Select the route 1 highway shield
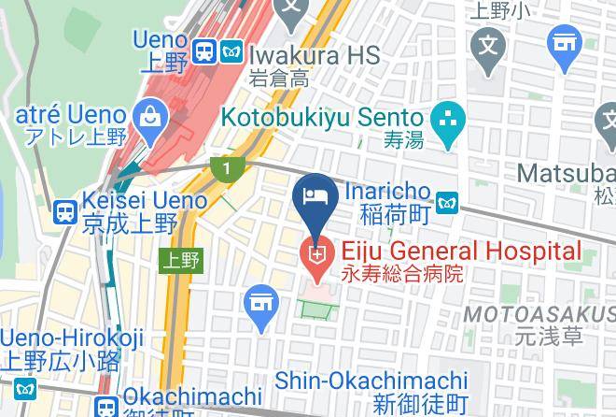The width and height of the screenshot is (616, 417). coord(226,168)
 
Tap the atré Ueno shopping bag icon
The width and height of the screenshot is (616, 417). coord(147,118)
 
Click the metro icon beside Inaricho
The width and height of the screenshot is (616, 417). coord(447,199)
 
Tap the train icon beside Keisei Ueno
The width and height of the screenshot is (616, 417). coord(64,212)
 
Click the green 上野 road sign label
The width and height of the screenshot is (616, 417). coord(181,260)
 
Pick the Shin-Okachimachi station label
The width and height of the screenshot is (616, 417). coord(371,381)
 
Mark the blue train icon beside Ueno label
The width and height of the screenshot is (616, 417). coord(204,51)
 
